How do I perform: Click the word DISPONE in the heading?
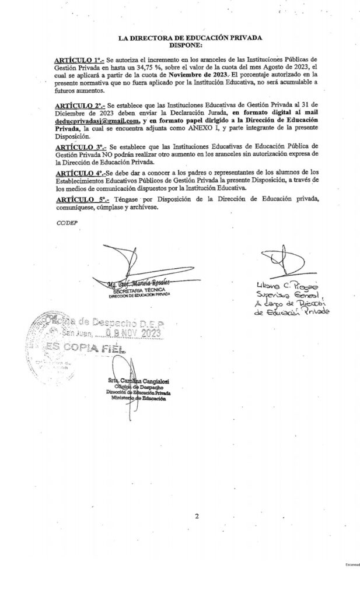(184, 44)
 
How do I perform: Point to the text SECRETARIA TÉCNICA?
(139, 290)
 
